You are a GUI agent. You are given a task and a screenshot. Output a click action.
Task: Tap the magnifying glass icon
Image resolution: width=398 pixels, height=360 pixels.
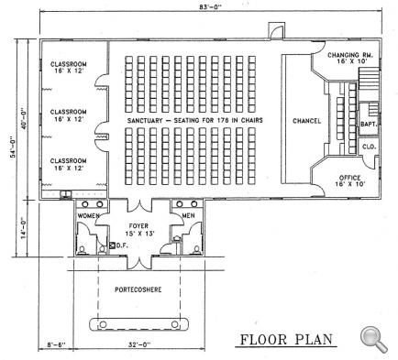(x=372, y=337)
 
